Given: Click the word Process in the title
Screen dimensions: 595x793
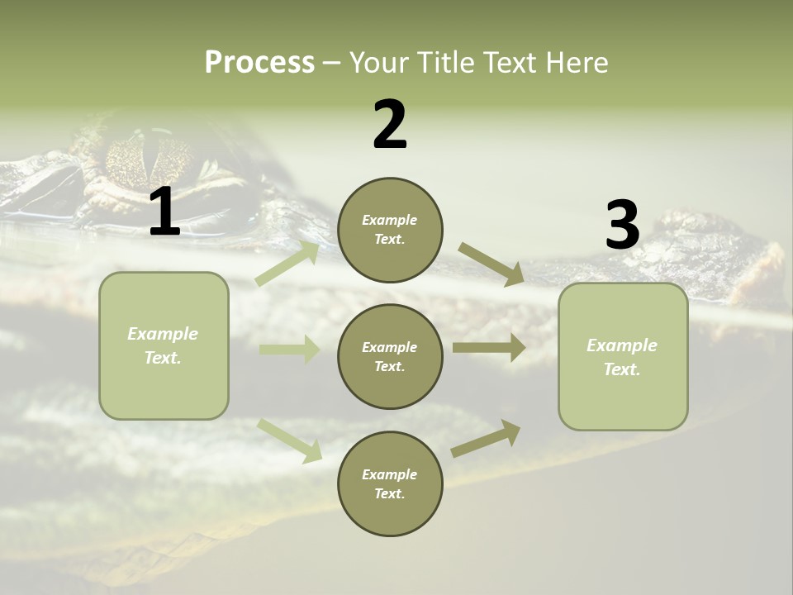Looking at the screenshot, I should (x=259, y=62).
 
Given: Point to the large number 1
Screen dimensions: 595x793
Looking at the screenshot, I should (x=164, y=212).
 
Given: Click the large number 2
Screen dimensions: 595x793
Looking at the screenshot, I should (x=390, y=125).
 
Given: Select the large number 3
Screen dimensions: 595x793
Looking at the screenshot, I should (x=622, y=226).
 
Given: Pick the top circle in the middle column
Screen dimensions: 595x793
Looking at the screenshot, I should (x=390, y=230).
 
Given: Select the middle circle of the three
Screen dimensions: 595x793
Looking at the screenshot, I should (x=390, y=356).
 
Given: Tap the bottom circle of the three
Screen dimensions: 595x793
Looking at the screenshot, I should (x=390, y=483).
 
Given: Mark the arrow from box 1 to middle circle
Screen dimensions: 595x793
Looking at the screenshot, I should (x=289, y=350).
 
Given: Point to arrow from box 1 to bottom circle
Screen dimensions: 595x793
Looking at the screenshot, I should (x=290, y=440).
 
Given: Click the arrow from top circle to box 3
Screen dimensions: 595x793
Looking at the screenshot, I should (x=491, y=264).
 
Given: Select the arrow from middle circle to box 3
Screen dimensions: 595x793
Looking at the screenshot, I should (x=489, y=347).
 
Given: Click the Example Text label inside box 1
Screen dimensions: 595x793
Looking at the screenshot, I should (x=163, y=345).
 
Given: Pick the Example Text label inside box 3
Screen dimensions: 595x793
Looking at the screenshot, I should (x=622, y=357).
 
